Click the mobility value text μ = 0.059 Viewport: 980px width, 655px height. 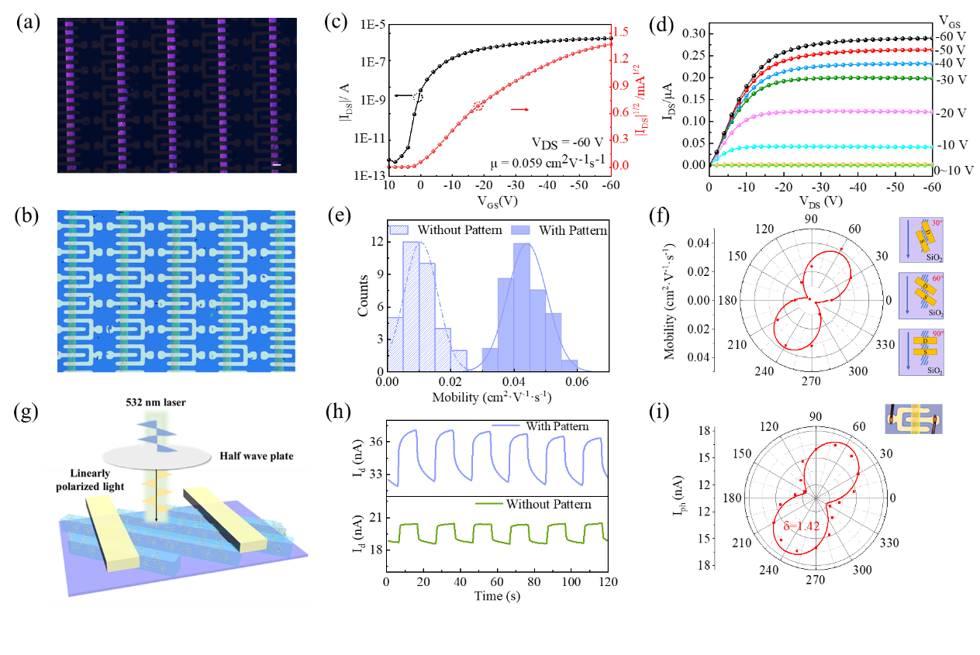536,162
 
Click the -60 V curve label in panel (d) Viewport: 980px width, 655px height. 957,36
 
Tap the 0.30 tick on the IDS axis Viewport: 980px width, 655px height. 692,33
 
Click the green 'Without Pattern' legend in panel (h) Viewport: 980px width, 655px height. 547,505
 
